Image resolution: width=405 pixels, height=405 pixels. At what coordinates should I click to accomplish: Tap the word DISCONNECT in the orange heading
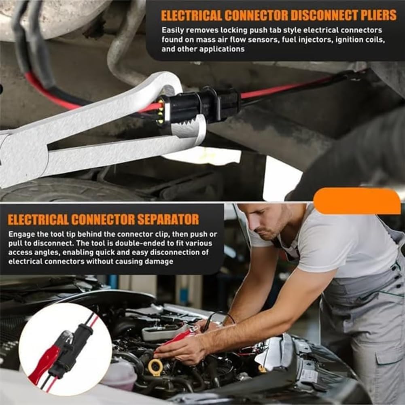coord(308,15)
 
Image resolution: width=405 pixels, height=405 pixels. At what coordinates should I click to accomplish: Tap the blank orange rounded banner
coord(357,201)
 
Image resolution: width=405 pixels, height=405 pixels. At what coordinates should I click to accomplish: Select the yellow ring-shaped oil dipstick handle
coord(155,367)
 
